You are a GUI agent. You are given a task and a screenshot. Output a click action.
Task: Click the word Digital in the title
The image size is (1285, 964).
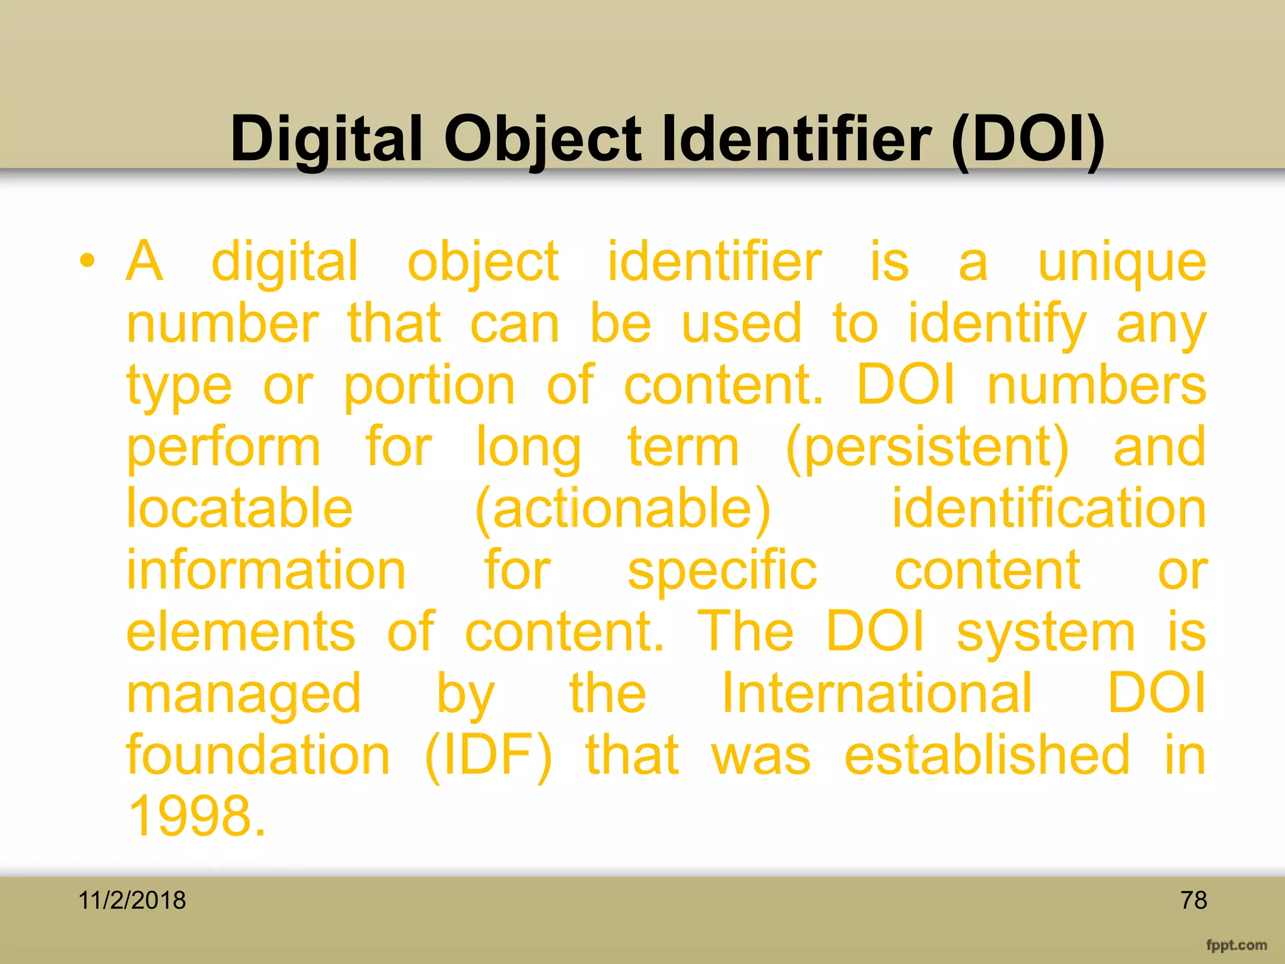pos(326,139)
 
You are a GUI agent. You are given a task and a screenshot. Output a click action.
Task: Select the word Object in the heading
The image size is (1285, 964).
pos(543,139)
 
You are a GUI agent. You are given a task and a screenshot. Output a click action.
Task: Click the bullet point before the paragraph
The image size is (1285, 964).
pos(87,261)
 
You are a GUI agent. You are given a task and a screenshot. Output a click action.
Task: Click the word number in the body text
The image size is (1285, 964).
pos(223,324)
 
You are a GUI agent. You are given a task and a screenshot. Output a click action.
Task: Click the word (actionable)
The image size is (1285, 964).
pos(622,510)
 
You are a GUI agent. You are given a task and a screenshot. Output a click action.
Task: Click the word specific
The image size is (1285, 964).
pos(723,571)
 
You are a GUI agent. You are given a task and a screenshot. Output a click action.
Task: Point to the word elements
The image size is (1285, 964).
pos(241,631)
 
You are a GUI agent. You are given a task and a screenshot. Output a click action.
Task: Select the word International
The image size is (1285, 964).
pos(877,693)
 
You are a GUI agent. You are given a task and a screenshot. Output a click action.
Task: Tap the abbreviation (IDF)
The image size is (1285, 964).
pos(489,755)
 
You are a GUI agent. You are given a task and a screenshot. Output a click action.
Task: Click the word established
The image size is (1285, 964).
pos(988,755)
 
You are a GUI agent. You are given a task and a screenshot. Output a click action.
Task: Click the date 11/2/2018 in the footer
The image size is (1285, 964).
pos(132,901)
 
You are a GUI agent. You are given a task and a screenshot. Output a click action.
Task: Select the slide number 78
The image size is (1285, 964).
pos(1193,901)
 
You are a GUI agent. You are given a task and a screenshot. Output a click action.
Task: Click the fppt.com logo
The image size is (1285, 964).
pos(1236,945)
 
